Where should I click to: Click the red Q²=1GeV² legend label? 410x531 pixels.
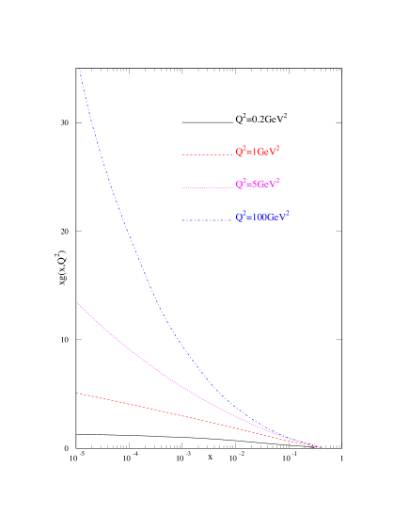(258, 151)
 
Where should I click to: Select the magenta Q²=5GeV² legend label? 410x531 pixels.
(258, 184)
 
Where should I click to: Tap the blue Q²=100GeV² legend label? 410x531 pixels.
(262, 217)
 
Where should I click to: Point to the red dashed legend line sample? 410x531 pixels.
(206, 154)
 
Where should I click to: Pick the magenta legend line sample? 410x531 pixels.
(206, 187)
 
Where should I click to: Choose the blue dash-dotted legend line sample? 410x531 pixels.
(206, 220)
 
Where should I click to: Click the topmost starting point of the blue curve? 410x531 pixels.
(79, 68)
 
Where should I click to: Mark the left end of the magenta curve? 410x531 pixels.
(76, 302)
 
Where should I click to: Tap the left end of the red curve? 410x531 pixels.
(76, 394)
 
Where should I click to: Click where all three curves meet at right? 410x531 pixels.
(320, 446)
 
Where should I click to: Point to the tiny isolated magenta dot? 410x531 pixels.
(76, 449)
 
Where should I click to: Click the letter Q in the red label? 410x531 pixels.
(239, 152)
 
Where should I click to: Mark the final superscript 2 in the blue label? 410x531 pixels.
(287, 214)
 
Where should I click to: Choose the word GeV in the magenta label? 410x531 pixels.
(267, 185)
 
